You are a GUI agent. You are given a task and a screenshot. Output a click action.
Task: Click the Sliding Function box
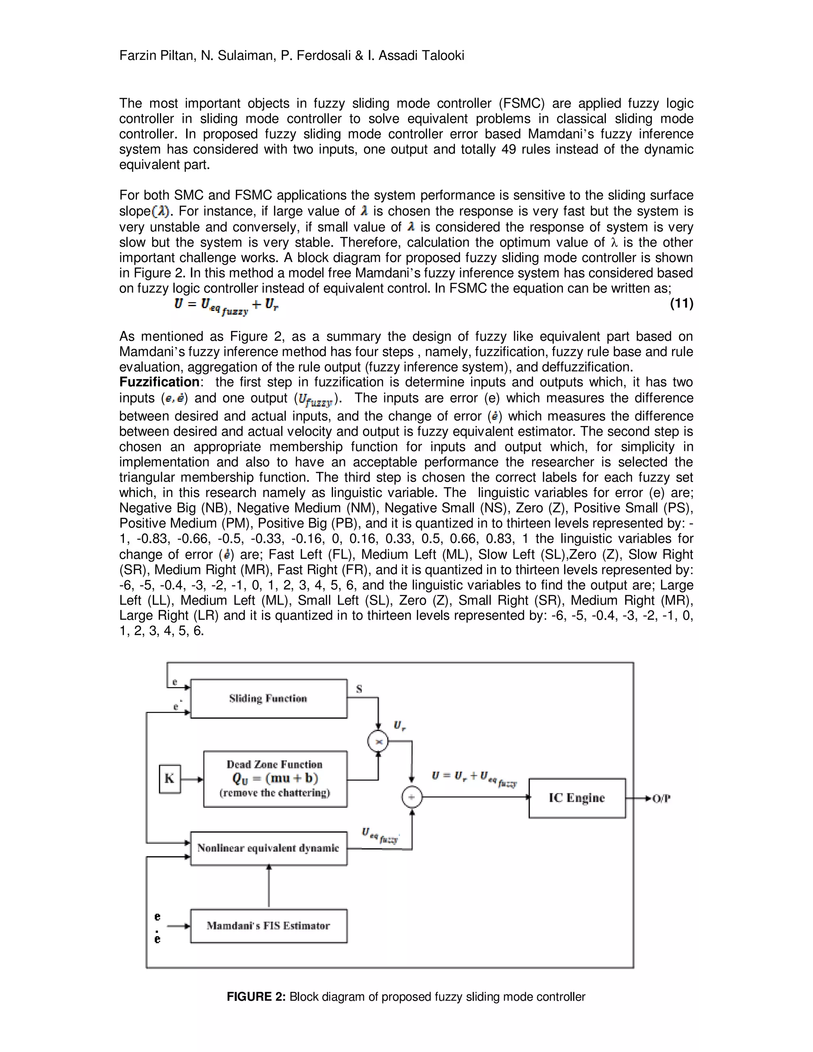[268, 698]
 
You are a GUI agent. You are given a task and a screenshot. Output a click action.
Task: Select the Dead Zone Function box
[275, 778]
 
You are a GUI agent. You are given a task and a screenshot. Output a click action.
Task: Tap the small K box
[170, 778]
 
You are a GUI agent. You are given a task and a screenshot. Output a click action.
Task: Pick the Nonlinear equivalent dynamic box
[268, 848]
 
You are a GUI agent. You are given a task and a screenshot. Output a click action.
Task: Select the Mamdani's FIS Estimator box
[268, 926]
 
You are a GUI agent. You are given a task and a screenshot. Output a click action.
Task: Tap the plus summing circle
[412, 797]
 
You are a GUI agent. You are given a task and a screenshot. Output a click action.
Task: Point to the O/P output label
[661, 799]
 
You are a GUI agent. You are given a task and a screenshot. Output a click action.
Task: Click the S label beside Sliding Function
[359, 689]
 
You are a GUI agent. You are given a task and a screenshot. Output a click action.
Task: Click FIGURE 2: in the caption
[256, 996]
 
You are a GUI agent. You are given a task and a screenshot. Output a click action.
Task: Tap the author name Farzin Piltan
[157, 56]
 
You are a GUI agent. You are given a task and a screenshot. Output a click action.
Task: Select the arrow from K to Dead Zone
[192, 779]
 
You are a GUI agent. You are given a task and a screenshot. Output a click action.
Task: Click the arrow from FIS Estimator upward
[269, 886]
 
